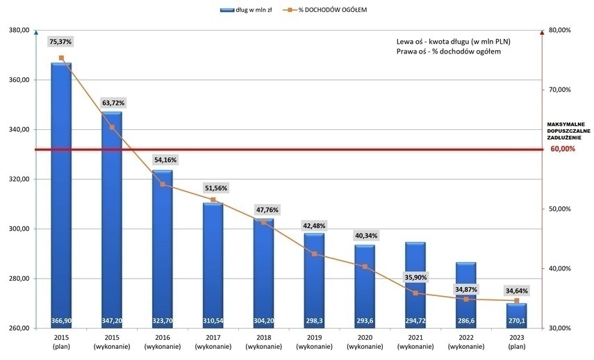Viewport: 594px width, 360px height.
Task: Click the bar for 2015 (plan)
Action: click(61, 195)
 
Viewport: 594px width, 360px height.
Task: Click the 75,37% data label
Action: click(61, 42)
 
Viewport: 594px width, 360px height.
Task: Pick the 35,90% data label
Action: click(415, 276)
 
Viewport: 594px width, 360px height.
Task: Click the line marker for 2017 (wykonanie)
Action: click(213, 200)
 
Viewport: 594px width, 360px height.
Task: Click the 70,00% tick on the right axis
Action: click(559, 90)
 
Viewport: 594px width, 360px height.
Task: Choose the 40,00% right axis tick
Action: click(559, 268)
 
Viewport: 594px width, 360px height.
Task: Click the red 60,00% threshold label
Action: click(563, 149)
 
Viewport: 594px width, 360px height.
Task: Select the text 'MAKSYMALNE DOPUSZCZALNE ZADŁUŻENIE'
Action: click(568, 131)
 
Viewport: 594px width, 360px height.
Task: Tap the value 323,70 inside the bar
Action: click(163, 320)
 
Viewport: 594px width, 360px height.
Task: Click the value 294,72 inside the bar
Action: click(415, 320)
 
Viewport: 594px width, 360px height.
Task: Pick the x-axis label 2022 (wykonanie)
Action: click(466, 341)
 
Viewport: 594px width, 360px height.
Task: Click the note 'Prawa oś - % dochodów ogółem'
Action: click(448, 51)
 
